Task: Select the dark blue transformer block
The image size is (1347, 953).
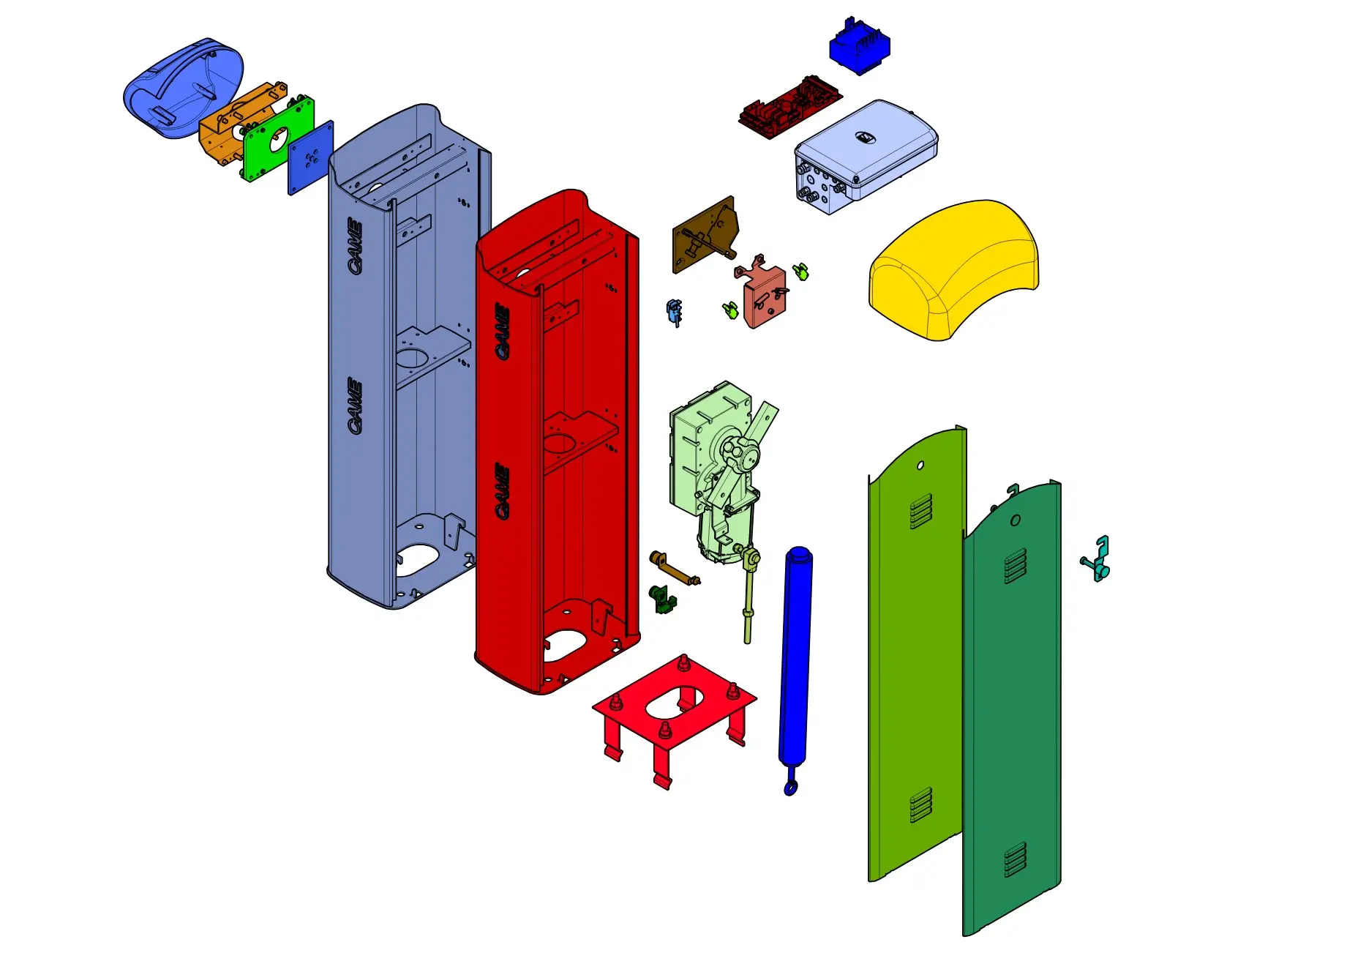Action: pos(860,46)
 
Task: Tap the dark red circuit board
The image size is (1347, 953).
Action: pos(790,106)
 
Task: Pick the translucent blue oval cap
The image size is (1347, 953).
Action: pos(183,88)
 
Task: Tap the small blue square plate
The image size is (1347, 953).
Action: pos(311,157)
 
